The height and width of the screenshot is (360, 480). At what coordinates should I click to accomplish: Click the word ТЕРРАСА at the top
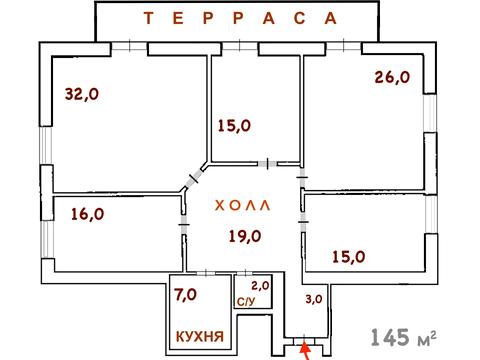(x=236, y=18)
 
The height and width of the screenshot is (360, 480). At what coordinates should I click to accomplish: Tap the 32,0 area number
(x=83, y=94)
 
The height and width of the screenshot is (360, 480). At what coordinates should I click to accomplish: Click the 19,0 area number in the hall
(x=244, y=236)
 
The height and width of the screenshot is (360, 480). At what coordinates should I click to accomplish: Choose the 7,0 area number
(x=186, y=295)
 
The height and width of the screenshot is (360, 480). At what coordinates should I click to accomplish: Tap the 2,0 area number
(x=259, y=285)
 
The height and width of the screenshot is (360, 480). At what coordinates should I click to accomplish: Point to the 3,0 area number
(x=313, y=298)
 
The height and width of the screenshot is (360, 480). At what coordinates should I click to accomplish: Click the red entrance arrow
(x=306, y=349)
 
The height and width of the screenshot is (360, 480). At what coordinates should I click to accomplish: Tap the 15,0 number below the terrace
(x=235, y=125)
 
